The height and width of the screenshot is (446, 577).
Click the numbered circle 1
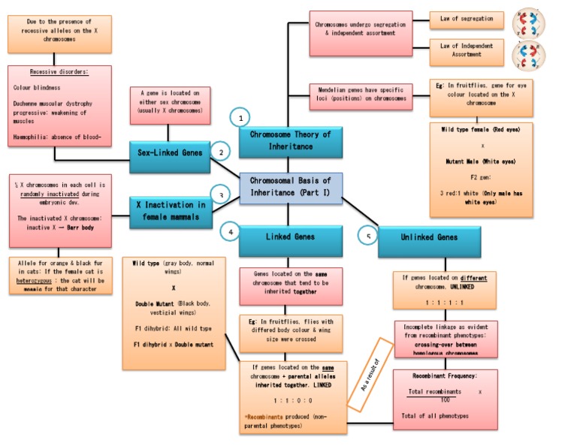coord(241,119)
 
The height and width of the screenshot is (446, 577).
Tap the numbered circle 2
coord(219,151)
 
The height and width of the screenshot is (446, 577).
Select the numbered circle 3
coord(219,194)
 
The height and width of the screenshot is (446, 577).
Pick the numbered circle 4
coord(231,232)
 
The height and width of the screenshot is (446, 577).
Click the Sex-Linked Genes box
coord(169,153)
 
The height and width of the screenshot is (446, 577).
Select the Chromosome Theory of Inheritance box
coord(285,140)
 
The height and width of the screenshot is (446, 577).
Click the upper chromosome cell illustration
coord(528,23)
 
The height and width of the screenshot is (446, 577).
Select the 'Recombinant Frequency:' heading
coord(444,375)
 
